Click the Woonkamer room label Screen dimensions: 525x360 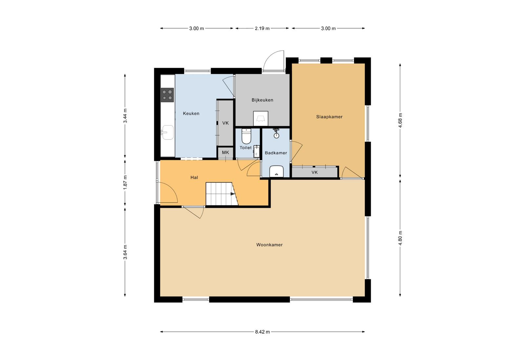(269, 245)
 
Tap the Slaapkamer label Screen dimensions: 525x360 (329, 117)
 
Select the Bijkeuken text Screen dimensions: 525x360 (262, 100)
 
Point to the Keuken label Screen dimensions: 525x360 (191, 114)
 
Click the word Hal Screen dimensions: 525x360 (194, 178)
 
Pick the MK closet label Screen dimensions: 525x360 (225, 153)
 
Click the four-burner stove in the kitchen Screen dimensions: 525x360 (167, 95)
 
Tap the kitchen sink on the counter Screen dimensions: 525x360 (167, 133)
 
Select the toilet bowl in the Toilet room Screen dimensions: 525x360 (246, 136)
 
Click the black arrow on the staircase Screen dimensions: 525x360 (233, 194)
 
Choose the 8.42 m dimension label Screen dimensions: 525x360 (262, 332)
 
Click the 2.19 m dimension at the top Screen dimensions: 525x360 (262, 28)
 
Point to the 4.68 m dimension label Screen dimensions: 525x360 (400, 120)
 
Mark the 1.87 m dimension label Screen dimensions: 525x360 (125, 182)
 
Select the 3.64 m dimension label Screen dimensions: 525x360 (125, 252)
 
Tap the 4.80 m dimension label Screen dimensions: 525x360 (400, 238)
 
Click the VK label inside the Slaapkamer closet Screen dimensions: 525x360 (315, 173)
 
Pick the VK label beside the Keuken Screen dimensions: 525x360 (225, 123)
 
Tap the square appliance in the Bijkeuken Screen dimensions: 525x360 (261, 118)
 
